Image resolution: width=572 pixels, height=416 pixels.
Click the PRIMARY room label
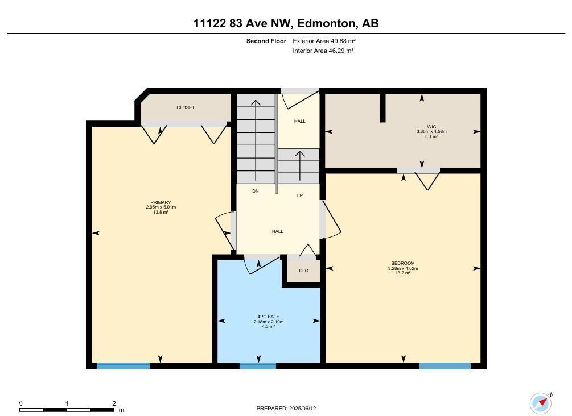point(161,203)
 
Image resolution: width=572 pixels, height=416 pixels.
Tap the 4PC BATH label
point(269,317)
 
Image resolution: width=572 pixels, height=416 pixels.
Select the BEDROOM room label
point(403,264)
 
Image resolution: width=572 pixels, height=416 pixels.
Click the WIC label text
point(431,127)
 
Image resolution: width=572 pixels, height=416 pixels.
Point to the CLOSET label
point(186,107)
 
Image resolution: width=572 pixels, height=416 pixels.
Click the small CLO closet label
point(303,271)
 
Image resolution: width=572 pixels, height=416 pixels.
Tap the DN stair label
point(256,192)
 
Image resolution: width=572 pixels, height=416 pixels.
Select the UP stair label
point(299,196)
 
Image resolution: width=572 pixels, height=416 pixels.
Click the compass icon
point(540,403)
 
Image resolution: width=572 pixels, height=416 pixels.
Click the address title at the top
point(286,23)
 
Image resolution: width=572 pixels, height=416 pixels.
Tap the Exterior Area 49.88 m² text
point(324,41)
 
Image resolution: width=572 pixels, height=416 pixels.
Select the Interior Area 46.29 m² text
point(323,51)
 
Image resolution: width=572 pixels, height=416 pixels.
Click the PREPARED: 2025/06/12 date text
point(286,409)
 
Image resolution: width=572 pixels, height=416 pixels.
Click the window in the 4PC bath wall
point(258,366)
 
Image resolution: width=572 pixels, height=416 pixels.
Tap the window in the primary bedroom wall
point(123,366)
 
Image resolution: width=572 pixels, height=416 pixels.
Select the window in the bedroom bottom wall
point(445,366)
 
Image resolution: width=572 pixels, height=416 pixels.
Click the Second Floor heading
point(266,41)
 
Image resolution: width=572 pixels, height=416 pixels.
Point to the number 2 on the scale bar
point(114,403)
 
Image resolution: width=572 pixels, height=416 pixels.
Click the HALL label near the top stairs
point(299,121)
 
